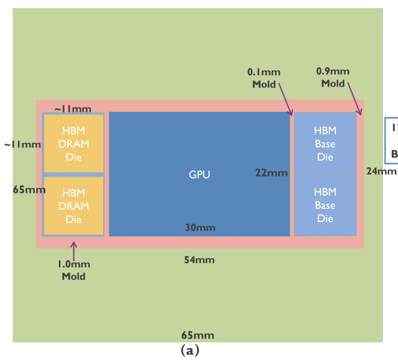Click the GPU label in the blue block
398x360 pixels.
point(199,175)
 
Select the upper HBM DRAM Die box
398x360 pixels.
point(73,144)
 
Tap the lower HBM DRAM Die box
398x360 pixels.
point(73,206)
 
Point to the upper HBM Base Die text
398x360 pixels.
point(325,144)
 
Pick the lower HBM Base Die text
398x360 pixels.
point(325,205)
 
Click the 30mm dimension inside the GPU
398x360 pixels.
point(200,228)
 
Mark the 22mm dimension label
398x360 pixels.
point(272,173)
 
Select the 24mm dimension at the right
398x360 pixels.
point(381,171)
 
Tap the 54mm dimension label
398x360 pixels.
point(199,259)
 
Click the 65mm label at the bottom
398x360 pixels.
point(198,335)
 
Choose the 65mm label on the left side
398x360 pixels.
point(29,190)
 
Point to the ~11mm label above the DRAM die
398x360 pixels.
point(73,109)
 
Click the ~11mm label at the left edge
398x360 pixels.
point(22,145)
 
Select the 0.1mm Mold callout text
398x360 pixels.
point(264,78)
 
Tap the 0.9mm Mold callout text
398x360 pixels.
point(333,77)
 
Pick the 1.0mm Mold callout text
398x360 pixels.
point(73,270)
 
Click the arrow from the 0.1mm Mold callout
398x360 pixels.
point(285,99)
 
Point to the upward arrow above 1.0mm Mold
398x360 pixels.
point(73,250)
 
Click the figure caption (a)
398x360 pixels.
point(190,350)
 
